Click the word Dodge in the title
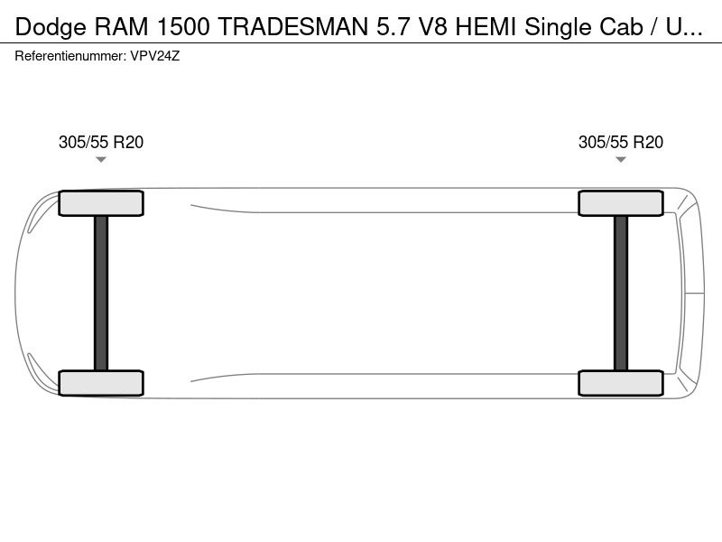click(51, 27)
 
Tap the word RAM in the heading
click(122, 27)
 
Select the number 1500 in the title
click(184, 27)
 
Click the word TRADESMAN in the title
click(293, 27)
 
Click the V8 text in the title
click(432, 27)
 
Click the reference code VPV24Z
click(154, 56)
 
